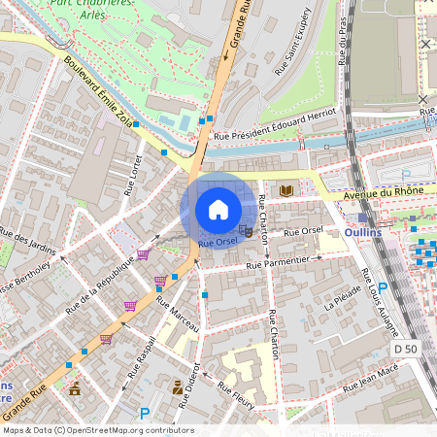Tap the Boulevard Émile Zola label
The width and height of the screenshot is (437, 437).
point(100,92)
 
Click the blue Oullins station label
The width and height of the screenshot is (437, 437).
point(362,234)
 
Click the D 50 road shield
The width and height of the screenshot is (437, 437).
point(405,348)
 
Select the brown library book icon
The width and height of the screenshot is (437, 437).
point(286,191)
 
